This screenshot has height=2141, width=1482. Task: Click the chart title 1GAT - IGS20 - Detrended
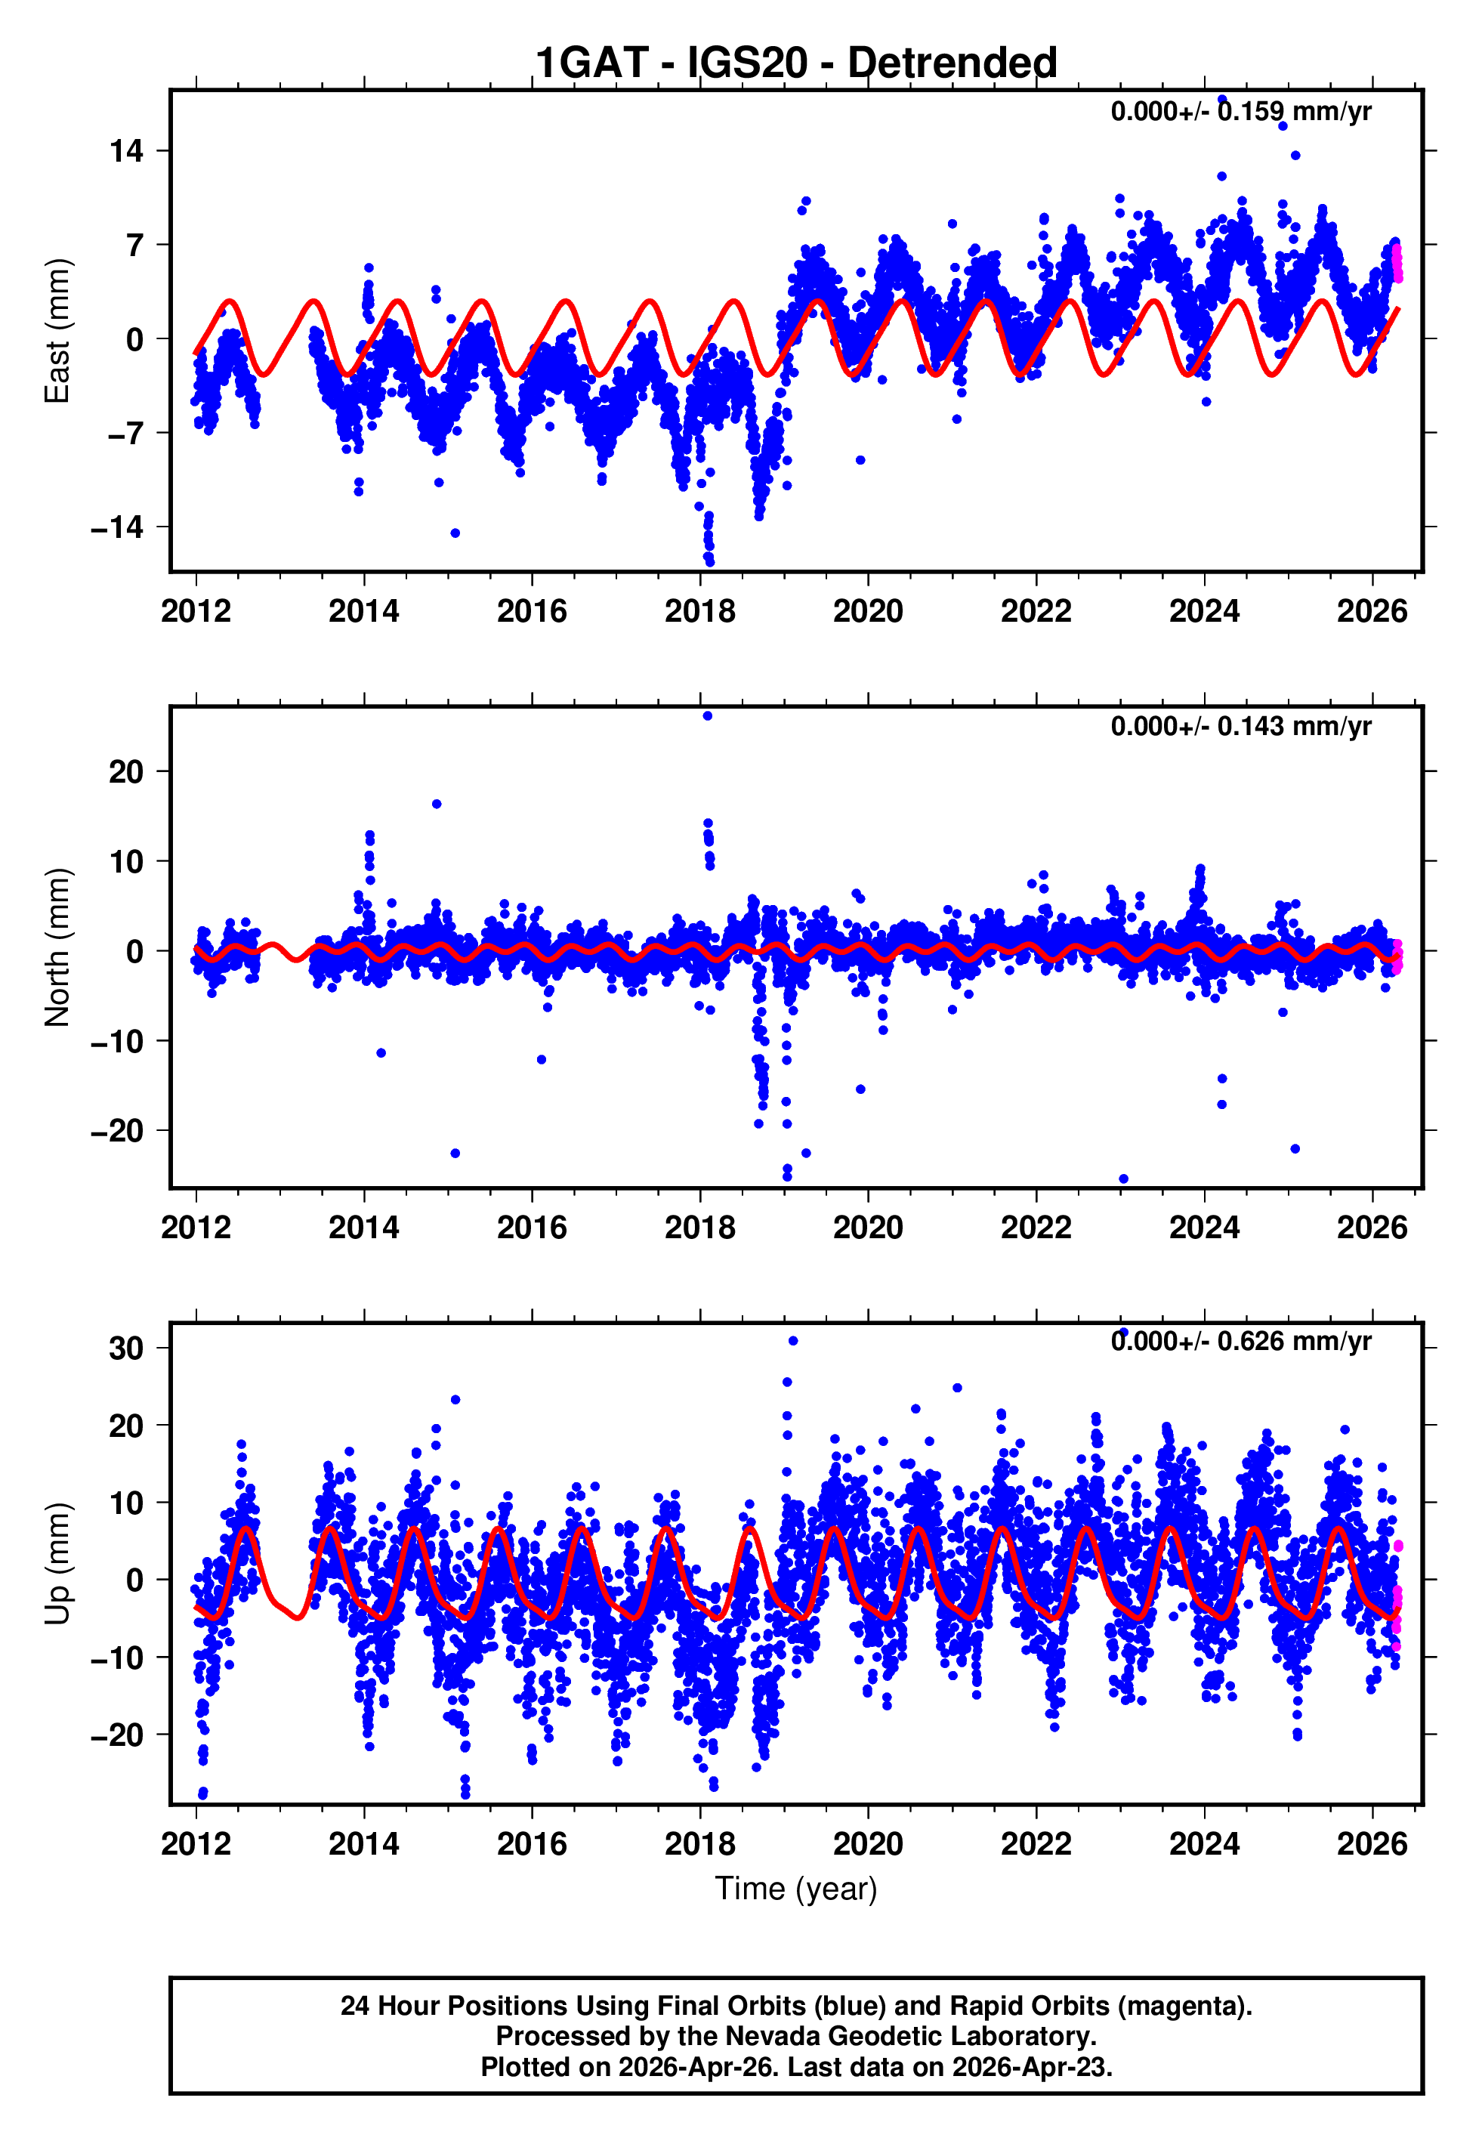click(796, 63)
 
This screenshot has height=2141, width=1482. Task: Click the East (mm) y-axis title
click(57, 332)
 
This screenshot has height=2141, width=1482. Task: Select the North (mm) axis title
click(57, 947)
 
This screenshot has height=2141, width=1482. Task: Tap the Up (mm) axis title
click(57, 1564)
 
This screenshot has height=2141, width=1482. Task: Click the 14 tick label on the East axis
click(127, 150)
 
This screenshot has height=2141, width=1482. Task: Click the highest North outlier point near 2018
click(708, 716)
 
